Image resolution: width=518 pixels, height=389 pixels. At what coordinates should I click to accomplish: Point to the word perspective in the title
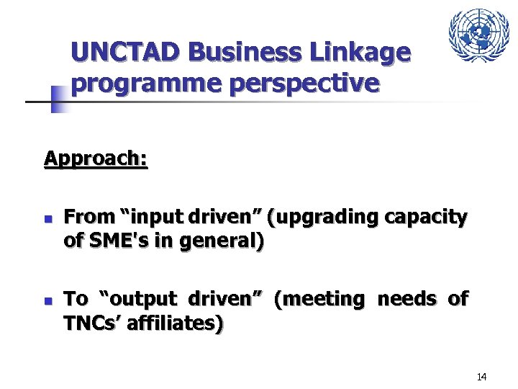pyautogui.click(x=305, y=84)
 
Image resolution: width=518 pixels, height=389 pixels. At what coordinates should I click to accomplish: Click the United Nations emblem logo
pyautogui.click(x=478, y=35)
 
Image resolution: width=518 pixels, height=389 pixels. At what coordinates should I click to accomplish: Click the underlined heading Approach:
pyautogui.click(x=96, y=158)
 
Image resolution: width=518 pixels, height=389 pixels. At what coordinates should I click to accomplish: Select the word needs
pyautogui.click(x=406, y=298)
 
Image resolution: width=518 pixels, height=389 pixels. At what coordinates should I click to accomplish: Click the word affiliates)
pyautogui.click(x=177, y=324)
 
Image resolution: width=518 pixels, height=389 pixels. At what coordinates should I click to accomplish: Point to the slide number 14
pyautogui.click(x=482, y=377)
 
